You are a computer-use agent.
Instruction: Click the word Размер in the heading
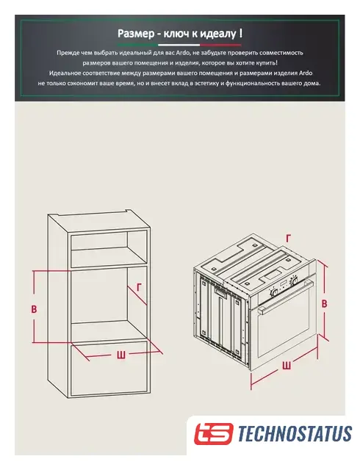[x=136, y=34]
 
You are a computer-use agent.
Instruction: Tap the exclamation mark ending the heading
[x=241, y=33]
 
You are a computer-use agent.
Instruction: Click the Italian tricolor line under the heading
[x=179, y=45]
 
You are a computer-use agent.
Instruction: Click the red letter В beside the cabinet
[x=35, y=309]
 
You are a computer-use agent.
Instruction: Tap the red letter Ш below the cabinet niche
[x=121, y=355]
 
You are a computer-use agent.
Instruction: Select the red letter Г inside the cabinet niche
[x=139, y=288]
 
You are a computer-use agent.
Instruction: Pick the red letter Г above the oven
[x=288, y=238]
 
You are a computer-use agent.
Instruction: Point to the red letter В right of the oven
[x=324, y=303]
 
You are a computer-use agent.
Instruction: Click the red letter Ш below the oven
[x=287, y=366]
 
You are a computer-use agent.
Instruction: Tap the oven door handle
[x=287, y=297]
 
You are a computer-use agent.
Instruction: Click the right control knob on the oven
[x=295, y=281]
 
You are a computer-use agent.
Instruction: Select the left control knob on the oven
[x=273, y=292]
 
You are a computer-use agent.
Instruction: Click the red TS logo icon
[x=213, y=433]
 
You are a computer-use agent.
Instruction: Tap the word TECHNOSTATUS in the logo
[x=295, y=433]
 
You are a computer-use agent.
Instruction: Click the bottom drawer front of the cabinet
[x=109, y=368]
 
